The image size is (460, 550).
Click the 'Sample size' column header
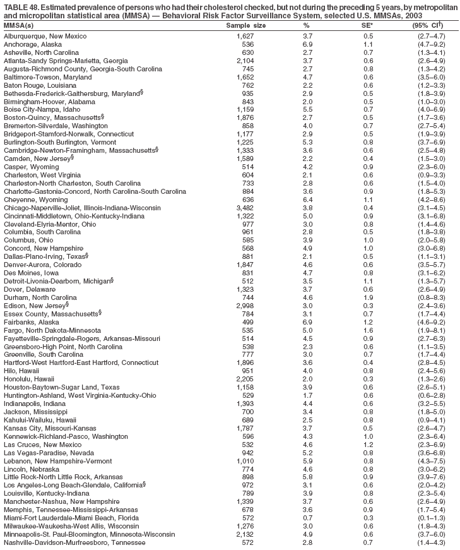pos(245,25)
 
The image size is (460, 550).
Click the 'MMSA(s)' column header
pos(19,25)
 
